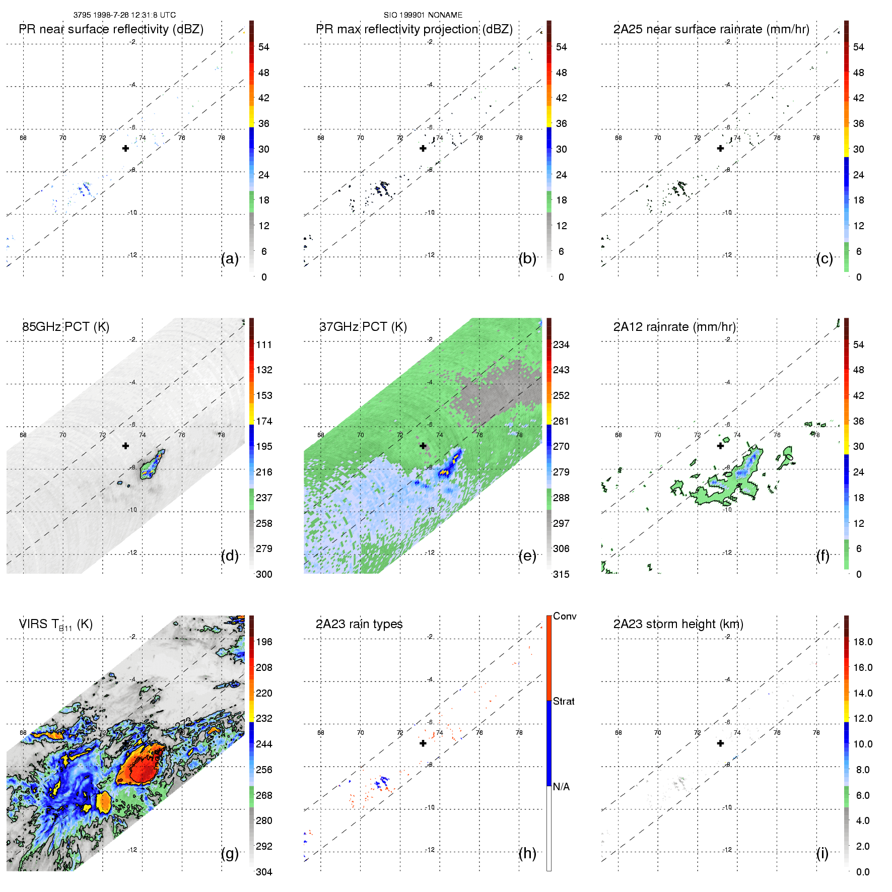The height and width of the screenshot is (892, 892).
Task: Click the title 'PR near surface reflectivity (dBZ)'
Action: [x=111, y=29]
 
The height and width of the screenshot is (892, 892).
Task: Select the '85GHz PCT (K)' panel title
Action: [x=65, y=327]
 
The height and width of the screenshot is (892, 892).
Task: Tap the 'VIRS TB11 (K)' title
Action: [x=55, y=625]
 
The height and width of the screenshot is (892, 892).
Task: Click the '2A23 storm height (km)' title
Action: [x=678, y=624]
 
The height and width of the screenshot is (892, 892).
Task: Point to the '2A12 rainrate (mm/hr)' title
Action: [x=674, y=327]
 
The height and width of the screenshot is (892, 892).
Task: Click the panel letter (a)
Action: [x=230, y=258]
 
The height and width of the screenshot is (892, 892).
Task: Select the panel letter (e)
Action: [x=527, y=556]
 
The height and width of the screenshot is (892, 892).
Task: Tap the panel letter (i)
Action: [x=822, y=853]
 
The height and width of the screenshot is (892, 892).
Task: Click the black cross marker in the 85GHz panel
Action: [x=125, y=446]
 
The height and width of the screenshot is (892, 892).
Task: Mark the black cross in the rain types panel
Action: [x=423, y=743]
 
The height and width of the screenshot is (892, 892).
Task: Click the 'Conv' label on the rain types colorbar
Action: [x=565, y=616]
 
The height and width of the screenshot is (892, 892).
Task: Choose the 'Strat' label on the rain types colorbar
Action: [x=564, y=702]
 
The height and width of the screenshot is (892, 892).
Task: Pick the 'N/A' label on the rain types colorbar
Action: [x=561, y=787]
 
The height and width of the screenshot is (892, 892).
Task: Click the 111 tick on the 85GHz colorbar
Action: [x=264, y=345]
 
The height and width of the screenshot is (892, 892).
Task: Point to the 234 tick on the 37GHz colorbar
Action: [x=561, y=345]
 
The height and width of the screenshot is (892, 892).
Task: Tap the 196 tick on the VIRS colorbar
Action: [x=264, y=642]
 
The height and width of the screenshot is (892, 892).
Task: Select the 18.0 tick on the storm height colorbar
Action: [x=863, y=642]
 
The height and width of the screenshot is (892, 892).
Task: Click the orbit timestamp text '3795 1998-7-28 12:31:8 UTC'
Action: [x=124, y=15]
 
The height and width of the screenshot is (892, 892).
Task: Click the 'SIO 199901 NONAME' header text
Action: [x=423, y=15]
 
